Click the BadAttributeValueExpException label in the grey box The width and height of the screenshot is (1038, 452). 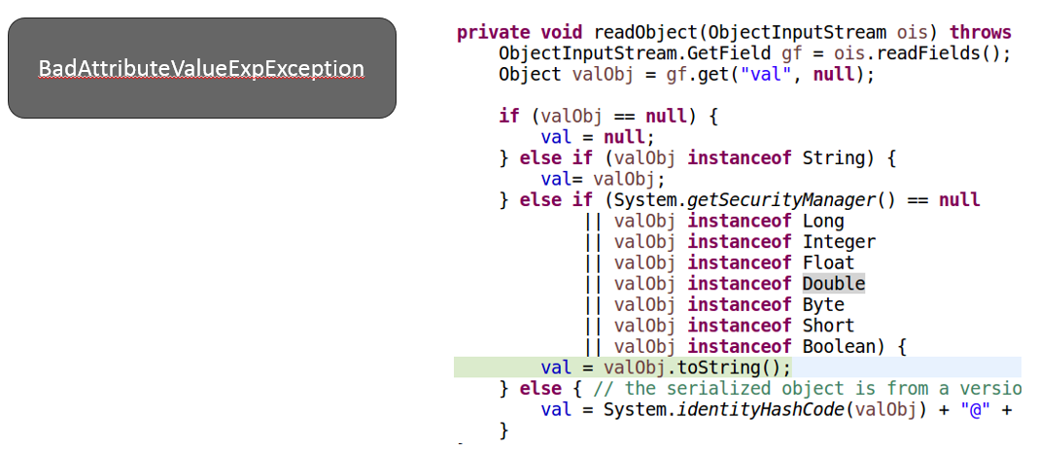(201, 69)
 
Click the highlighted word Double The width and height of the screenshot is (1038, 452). (833, 284)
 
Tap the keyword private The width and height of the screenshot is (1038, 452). (493, 32)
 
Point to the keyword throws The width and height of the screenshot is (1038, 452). (981, 32)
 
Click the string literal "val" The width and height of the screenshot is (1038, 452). (765, 74)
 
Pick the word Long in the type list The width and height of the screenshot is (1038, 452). (823, 221)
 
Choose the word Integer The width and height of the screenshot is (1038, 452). (839, 242)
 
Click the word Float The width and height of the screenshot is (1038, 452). (828, 262)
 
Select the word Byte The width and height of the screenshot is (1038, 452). (823, 304)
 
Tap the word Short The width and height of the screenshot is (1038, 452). (828, 326)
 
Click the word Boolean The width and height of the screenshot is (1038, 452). (839, 347)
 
